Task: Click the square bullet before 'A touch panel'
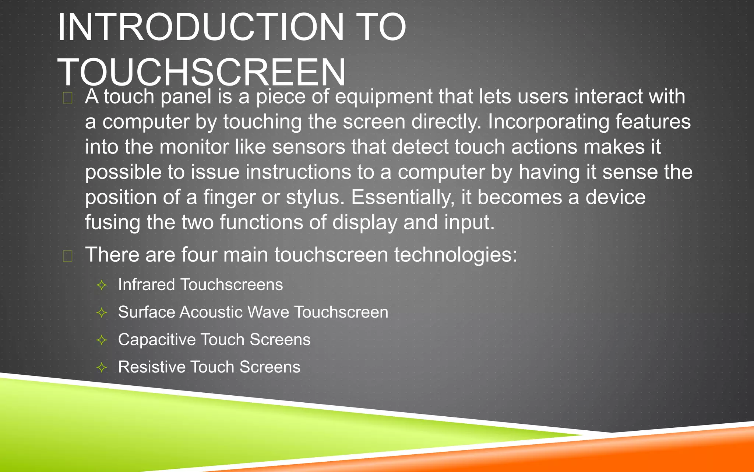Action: (x=67, y=98)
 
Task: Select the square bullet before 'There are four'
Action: (x=67, y=256)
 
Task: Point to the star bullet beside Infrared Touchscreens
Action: (x=102, y=285)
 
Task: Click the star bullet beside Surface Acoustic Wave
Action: (x=102, y=313)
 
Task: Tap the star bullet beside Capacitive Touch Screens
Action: (x=102, y=340)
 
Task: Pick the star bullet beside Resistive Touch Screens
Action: (x=102, y=367)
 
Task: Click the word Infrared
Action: (x=147, y=285)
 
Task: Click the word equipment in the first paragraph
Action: (x=384, y=97)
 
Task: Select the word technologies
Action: (x=455, y=255)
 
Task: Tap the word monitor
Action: (x=194, y=147)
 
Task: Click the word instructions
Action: (x=298, y=172)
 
